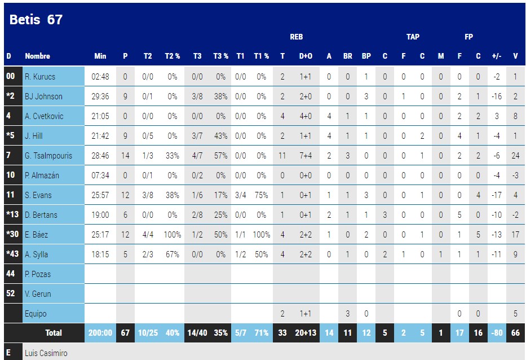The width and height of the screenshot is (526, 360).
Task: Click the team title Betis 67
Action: coord(36,20)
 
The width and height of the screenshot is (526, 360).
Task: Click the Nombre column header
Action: coord(37,56)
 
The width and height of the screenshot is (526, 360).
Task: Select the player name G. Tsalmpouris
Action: coord(48,156)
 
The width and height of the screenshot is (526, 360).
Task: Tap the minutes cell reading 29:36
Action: coord(100,96)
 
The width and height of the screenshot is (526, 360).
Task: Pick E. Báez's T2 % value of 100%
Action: coord(172,235)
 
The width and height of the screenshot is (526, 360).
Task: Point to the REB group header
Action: coord(296,37)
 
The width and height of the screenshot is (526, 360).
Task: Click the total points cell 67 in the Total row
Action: coord(125,333)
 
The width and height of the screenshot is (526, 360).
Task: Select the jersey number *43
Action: coord(11,254)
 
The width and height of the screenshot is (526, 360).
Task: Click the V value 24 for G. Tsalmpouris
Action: coord(515,156)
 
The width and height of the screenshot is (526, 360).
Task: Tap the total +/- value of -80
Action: coord(497,333)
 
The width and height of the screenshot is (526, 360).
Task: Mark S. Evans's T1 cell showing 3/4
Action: coord(240,195)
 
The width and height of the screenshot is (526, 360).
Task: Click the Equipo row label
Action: coord(36,314)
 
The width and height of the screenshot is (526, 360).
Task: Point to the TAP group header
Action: coord(413,37)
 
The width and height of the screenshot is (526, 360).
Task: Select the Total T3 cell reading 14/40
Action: coord(197,333)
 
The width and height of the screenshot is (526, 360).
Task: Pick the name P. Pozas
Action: coord(38,274)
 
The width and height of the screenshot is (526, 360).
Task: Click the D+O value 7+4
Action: coord(305,156)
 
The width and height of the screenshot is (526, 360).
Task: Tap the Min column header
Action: coord(100,56)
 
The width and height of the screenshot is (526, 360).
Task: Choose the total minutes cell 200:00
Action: coord(100,333)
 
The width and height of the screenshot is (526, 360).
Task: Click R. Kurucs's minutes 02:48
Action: coord(100,77)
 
